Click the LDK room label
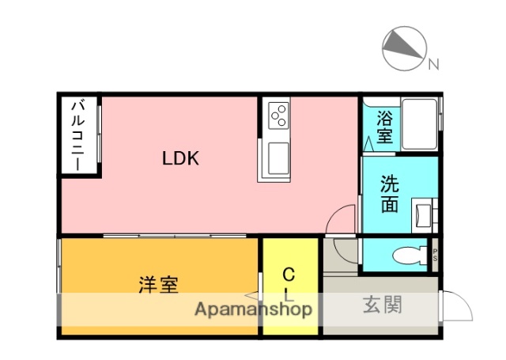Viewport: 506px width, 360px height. [180, 158]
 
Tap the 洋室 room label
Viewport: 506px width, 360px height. [158, 284]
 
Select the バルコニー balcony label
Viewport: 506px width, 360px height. [79, 135]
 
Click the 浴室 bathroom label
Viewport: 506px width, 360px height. [384, 127]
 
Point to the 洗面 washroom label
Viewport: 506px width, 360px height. [389, 194]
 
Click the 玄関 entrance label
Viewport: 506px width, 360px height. [383, 305]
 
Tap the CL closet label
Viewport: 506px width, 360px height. [289, 285]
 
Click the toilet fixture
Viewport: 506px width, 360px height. [406, 256]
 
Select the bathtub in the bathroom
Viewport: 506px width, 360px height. [419, 124]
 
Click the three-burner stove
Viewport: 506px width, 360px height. [278, 116]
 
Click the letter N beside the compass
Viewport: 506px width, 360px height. [433, 66]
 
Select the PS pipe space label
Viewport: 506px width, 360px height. [435, 254]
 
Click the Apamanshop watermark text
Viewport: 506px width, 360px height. [253, 309]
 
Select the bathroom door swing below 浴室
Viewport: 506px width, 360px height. [370, 145]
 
